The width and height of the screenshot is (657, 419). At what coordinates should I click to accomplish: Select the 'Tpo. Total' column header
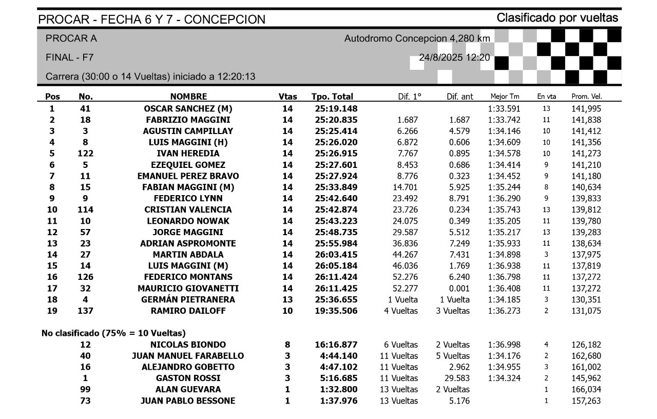332,97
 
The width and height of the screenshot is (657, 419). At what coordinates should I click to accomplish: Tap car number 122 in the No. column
85,154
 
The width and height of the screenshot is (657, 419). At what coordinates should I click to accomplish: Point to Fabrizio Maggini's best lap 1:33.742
505,120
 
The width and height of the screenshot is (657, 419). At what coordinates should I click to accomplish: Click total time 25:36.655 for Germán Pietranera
336,299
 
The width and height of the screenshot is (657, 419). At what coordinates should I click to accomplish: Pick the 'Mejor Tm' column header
505,97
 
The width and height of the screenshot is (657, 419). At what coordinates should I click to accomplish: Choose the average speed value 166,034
586,390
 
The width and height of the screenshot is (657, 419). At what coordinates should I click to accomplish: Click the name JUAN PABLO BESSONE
188,401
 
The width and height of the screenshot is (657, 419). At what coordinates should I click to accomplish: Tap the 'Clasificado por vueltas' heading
557,18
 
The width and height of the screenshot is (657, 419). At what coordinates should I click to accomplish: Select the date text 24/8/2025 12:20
454,58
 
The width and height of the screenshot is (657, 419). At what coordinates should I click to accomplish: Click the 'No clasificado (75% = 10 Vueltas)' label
113,333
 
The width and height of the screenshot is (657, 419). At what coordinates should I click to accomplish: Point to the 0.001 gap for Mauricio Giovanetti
459,288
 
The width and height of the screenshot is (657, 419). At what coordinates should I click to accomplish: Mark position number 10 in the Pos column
52,209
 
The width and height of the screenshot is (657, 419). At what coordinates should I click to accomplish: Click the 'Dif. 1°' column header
410,97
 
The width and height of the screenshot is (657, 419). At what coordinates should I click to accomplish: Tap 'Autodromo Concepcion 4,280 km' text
417,39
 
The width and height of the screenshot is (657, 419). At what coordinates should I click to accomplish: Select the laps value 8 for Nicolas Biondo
287,345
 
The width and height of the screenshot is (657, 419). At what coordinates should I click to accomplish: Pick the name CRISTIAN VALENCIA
188,209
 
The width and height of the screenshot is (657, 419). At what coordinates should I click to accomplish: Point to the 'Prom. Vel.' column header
586,97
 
